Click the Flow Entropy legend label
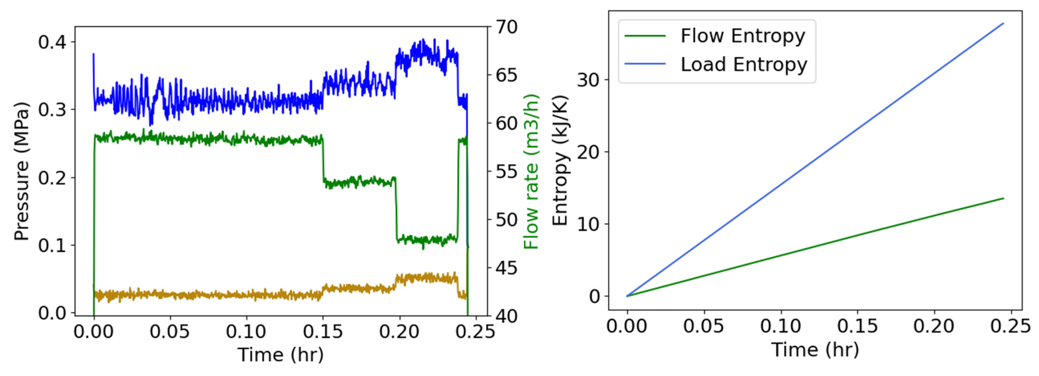click(743, 36)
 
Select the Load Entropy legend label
click(744, 65)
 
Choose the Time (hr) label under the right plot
click(815, 349)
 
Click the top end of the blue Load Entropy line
click(1003, 24)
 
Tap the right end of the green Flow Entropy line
click(1003, 198)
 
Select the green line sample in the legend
click(645, 36)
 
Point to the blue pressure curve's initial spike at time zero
click(94, 54)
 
